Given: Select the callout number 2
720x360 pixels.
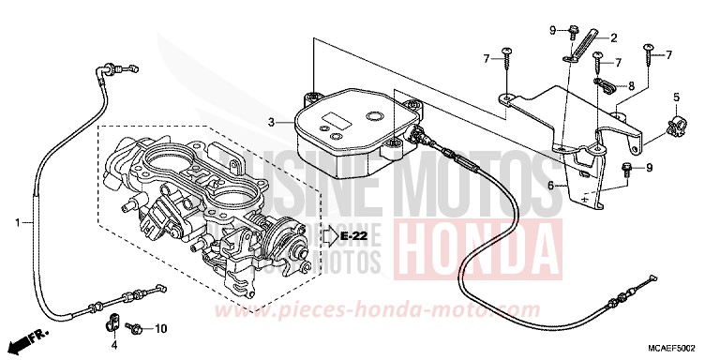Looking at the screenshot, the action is (613, 38).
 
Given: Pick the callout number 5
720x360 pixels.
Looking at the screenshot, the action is (675, 97).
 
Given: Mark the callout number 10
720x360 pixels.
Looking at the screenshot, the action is (159, 329).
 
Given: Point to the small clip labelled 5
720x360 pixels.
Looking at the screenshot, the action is (672, 125).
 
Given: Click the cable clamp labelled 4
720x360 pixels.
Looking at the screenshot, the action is (109, 324).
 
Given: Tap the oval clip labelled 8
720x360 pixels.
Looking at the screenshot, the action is (605, 88).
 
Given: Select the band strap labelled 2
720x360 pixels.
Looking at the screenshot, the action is (587, 45).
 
